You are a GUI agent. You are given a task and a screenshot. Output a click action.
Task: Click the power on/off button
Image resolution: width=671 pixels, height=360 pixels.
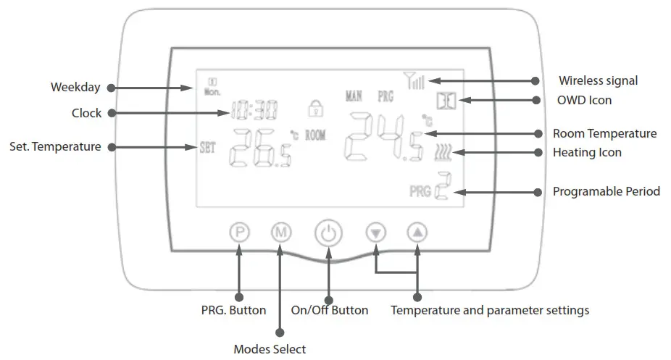(328, 233)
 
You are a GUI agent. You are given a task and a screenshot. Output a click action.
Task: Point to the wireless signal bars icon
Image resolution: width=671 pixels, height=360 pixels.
(415, 80)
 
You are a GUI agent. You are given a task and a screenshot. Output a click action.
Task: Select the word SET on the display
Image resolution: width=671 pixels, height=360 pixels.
(207, 145)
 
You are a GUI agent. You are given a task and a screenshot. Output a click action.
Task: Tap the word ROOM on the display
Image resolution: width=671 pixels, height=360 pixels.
(315, 135)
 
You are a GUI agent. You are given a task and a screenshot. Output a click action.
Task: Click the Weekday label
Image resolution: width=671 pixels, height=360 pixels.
(75, 88)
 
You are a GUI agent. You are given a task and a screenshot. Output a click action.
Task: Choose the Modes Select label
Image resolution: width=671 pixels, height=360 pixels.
(270, 349)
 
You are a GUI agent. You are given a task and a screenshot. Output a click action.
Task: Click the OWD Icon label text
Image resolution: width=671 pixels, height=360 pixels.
(584, 100)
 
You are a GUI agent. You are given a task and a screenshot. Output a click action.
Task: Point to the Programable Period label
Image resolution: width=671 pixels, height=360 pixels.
(607, 192)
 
